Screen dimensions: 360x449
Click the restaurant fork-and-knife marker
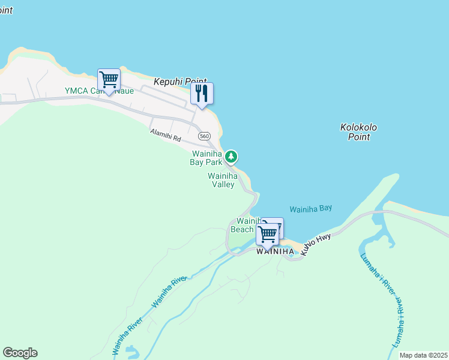tap(202, 94)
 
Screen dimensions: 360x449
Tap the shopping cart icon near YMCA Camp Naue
tap(109, 79)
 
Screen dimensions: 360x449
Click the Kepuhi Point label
tap(180, 81)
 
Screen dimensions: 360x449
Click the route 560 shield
tap(205, 136)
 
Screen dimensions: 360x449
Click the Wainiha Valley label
tap(222, 180)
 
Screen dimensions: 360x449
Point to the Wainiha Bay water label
tap(310, 209)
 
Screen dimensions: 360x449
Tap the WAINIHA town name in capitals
tap(275, 251)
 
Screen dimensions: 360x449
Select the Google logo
tap(20, 353)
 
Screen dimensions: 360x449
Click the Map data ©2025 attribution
tap(423, 355)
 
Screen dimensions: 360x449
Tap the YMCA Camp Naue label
tap(99, 91)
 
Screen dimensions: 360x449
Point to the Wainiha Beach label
tap(244, 225)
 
